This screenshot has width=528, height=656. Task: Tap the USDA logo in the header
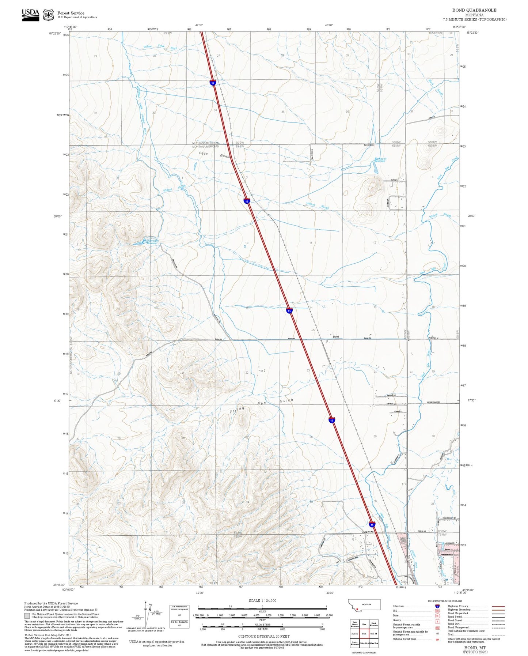[x=30, y=14]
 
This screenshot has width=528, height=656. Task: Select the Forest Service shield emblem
[x=48, y=15]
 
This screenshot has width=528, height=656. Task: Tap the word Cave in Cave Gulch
[x=203, y=154]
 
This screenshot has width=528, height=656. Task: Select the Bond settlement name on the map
[x=336, y=336]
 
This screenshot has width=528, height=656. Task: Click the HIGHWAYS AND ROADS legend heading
[x=445, y=601]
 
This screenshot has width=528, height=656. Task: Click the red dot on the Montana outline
[x=357, y=609]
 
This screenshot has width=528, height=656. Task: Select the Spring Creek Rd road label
[x=433, y=402]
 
